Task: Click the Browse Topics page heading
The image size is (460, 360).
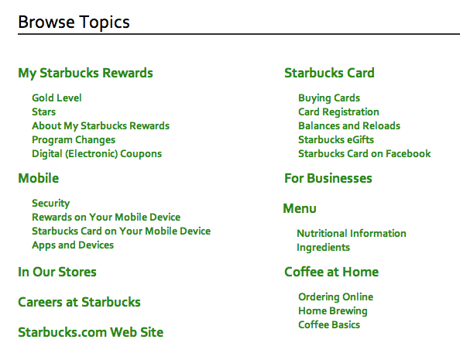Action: [x=74, y=22]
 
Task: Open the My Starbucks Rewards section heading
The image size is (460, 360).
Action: [x=85, y=74]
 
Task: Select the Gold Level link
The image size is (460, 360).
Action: [x=57, y=98]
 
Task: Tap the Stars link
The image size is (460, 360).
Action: [x=43, y=112]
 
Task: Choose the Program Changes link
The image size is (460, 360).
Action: [x=74, y=140]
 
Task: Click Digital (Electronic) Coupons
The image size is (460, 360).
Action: [x=97, y=154]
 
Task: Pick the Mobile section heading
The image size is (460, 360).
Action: [x=38, y=179]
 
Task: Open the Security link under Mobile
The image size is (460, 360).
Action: [x=51, y=204]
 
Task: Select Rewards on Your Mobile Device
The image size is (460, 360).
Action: [x=106, y=218]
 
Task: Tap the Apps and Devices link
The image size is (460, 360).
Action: [x=73, y=245]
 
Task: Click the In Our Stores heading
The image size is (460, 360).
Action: [x=57, y=273]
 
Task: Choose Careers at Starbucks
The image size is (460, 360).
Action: [x=79, y=303]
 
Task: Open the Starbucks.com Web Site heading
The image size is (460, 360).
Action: [x=91, y=333]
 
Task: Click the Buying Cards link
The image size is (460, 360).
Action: [x=329, y=98]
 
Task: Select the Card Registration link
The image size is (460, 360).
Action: [x=338, y=112]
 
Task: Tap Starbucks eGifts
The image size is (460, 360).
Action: [x=336, y=140]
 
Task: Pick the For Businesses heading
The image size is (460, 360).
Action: [x=328, y=179]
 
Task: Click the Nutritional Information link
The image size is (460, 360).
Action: [x=352, y=234]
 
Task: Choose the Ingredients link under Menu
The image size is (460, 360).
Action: [x=323, y=248]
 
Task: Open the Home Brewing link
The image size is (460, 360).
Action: [x=333, y=311]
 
